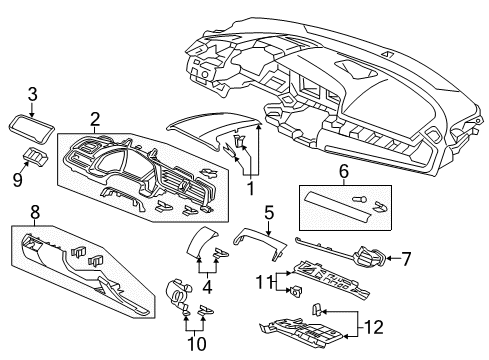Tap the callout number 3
[x=32, y=93]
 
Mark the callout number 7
[x=406, y=259]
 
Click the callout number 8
[x=33, y=213]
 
